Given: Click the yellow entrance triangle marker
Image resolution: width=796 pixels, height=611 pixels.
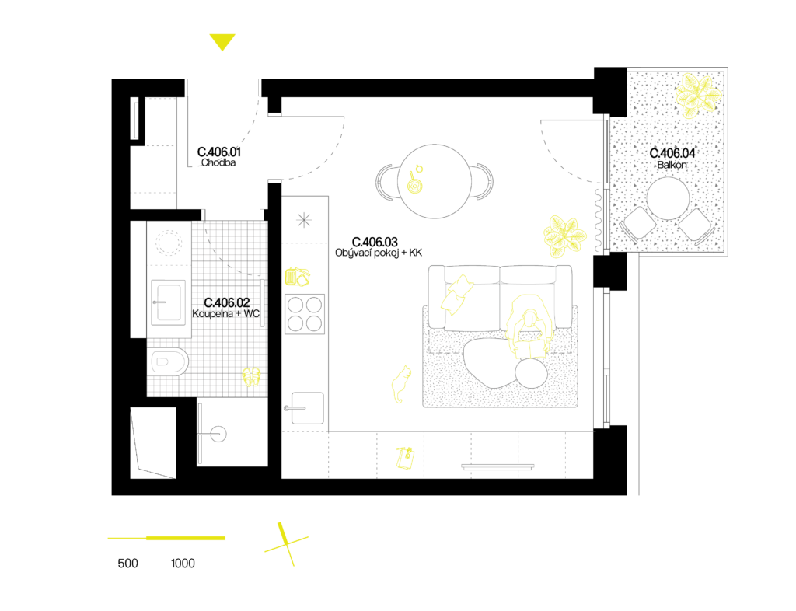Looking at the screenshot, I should (222, 41).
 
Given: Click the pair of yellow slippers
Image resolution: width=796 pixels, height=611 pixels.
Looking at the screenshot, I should (251, 377).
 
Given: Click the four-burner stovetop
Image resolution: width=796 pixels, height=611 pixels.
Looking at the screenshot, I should (304, 314).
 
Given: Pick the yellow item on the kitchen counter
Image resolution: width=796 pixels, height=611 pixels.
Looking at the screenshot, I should (297, 277).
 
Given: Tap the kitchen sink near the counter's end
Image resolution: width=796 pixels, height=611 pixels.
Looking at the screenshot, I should (306, 408).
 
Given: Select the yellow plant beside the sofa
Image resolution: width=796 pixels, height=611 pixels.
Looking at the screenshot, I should (564, 236).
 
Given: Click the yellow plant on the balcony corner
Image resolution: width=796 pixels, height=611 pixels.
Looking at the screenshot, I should (697, 96).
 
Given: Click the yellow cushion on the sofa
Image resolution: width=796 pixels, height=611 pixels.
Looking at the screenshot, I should (457, 294).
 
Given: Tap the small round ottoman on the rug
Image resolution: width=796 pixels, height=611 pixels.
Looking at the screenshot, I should (531, 375).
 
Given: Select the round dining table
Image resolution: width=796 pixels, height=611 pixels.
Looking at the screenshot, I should (435, 181).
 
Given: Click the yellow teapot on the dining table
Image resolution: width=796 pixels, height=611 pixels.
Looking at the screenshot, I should (415, 185).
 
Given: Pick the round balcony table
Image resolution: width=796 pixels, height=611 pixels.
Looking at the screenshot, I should (668, 198).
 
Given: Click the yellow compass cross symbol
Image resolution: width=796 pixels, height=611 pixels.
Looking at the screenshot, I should (286, 544).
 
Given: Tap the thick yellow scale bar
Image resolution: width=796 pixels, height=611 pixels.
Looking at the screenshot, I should (186, 538).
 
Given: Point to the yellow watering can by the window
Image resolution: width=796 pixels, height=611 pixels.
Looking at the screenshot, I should (405, 458).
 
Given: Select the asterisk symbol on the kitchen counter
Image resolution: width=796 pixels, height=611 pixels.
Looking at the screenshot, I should (304, 220).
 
